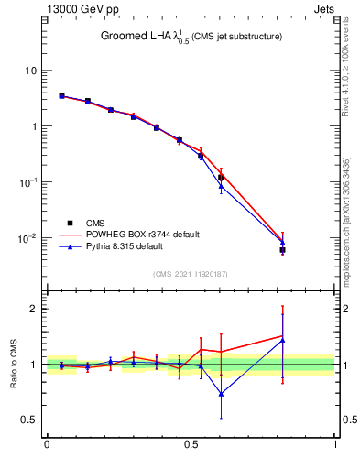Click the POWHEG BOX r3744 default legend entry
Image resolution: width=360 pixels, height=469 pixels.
137,234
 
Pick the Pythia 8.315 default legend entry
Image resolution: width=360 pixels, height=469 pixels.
129,246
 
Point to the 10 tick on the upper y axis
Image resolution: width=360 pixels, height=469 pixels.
31,71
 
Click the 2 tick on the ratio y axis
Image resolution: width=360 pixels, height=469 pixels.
34,309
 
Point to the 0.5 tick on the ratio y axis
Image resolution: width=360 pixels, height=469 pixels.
29,420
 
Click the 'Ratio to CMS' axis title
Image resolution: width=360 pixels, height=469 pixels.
16,364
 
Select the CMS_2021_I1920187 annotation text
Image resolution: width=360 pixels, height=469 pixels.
191,274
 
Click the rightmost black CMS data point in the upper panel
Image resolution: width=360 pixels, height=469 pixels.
283,250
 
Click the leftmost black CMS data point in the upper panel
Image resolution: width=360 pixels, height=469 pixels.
61,95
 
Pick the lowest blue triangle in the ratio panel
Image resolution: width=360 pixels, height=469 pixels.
221,394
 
